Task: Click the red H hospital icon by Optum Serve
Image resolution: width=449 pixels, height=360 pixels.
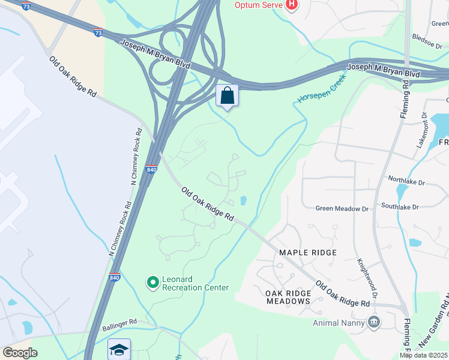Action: (x=291, y=5)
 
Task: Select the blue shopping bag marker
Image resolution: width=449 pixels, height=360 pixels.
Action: (x=227, y=96)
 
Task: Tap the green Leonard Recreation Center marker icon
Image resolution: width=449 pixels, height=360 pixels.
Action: (x=153, y=281)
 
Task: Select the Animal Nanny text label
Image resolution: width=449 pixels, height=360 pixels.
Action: (x=338, y=322)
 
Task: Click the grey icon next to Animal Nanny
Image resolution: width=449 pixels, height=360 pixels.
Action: (x=375, y=322)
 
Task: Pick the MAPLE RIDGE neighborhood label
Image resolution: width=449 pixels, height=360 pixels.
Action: (x=308, y=253)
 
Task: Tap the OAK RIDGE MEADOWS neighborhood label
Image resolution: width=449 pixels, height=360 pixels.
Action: (x=288, y=297)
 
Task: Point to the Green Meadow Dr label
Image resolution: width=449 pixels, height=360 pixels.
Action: (x=342, y=208)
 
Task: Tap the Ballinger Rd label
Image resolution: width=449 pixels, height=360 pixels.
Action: (x=119, y=322)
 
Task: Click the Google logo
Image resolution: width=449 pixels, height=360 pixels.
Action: (x=20, y=352)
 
